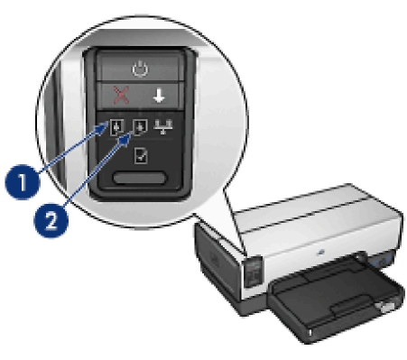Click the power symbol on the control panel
[140, 69]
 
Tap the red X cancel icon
[121, 95]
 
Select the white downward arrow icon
[159, 97]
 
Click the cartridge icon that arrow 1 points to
[116, 127]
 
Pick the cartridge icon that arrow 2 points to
[140, 127]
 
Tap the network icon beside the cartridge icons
[163, 126]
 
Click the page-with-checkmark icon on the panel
[141, 155]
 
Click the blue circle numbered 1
[23, 181]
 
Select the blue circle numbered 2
[51, 220]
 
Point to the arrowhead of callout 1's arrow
[106, 125]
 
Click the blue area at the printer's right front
[381, 261]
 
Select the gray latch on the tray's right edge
[384, 308]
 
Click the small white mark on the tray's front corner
[310, 332]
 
